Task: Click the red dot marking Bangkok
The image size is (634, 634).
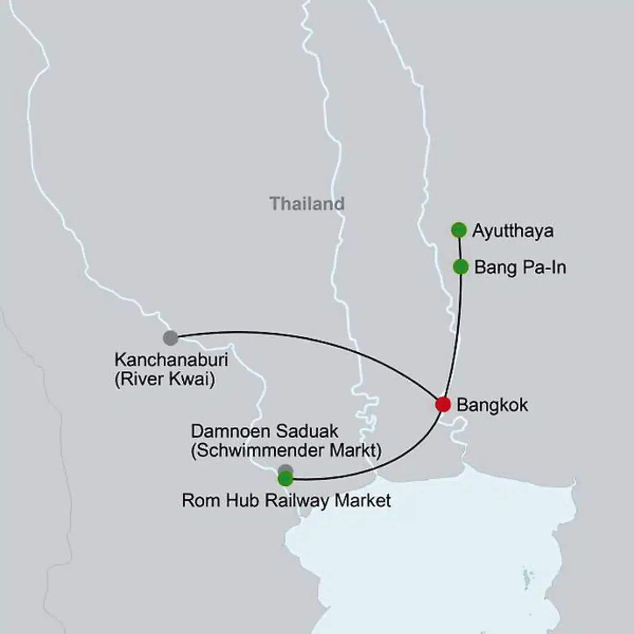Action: click(443, 404)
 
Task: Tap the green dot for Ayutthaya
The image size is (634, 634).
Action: click(459, 230)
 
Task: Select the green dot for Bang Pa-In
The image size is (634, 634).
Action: click(461, 266)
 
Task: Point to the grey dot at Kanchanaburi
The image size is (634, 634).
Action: click(170, 338)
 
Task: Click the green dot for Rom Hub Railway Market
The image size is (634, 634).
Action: click(285, 479)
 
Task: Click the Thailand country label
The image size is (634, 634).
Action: click(307, 204)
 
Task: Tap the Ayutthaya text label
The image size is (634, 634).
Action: click(512, 231)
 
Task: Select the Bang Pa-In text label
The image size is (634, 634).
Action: click(520, 268)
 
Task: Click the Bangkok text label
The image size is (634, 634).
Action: click(492, 405)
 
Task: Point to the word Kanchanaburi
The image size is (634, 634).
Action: click(171, 360)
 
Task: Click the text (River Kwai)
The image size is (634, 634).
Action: click(165, 379)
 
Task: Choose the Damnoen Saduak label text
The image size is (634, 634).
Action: click(265, 431)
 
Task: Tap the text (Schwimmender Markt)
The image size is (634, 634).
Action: click(286, 450)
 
